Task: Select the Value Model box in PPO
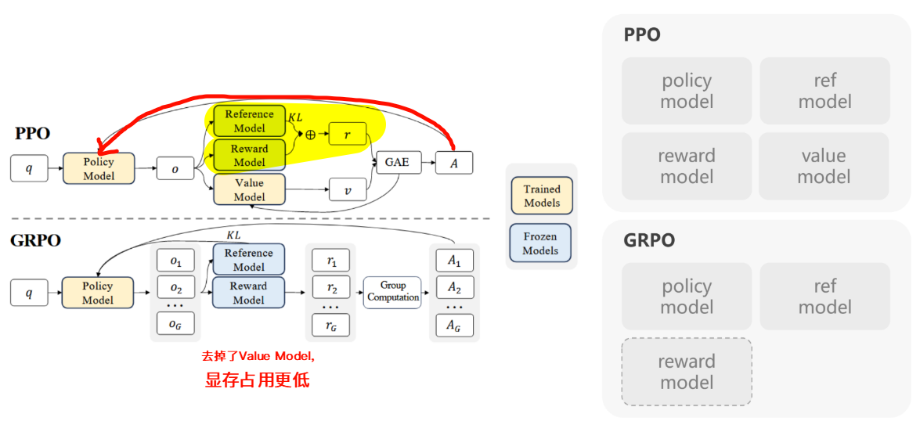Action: [249, 189]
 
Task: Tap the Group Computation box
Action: [393, 292]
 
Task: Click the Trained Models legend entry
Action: [541, 196]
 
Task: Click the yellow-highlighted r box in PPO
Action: [347, 135]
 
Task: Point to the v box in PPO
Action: [347, 189]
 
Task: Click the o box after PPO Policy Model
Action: [175, 168]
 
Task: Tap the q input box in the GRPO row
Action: [29, 293]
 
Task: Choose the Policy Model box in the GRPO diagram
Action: [98, 293]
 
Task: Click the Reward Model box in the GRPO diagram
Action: [249, 293]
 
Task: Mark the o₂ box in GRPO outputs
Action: [175, 288]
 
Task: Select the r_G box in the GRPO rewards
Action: [331, 323]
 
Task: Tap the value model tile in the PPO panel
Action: [824, 166]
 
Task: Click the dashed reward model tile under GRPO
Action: [687, 372]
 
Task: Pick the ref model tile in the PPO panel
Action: [824, 91]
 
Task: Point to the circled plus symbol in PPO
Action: [310, 135]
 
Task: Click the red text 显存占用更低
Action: [258, 381]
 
